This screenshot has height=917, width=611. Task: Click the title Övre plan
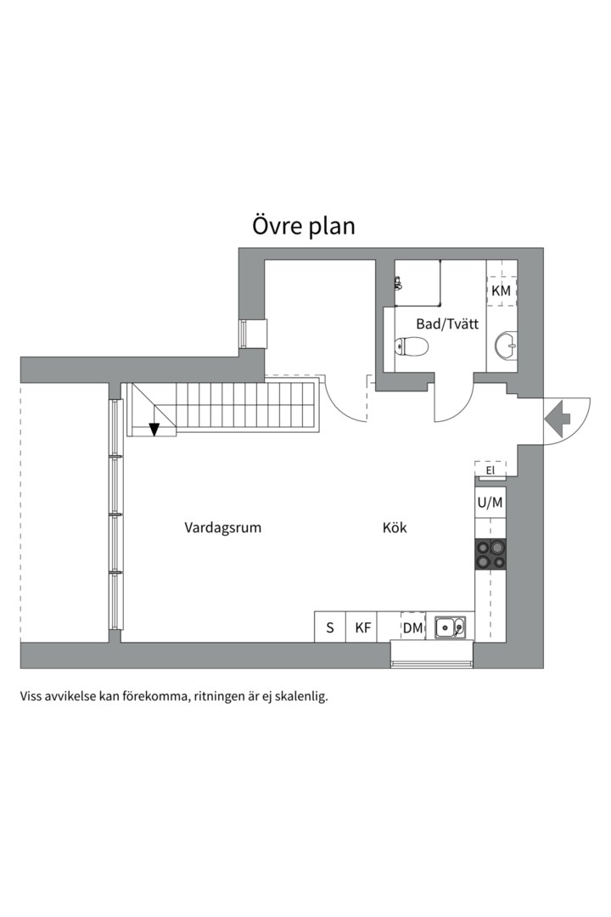pos(303,227)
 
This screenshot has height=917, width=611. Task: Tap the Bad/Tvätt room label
pos(447,323)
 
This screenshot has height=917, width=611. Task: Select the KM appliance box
pos(502,290)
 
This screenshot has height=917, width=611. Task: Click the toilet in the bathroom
pos(412,346)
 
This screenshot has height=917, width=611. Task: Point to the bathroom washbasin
pos(507,345)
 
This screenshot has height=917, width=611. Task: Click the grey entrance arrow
pos(558,418)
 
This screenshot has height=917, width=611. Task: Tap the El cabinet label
pos(490,470)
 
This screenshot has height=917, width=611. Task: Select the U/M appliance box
pos(490,502)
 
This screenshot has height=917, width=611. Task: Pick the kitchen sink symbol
pos(450,627)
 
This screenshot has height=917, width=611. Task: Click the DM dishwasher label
pos(413,627)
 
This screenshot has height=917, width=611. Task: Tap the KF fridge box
pos(362,627)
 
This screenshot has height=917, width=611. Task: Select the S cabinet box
pos(329,627)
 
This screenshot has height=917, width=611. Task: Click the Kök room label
pos(395,527)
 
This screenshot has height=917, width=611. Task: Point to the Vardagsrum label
pos(223,527)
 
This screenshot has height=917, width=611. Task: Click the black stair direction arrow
pos(154,429)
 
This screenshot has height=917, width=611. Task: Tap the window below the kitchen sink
pos(431,655)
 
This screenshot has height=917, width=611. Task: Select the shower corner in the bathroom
pos(418,283)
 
